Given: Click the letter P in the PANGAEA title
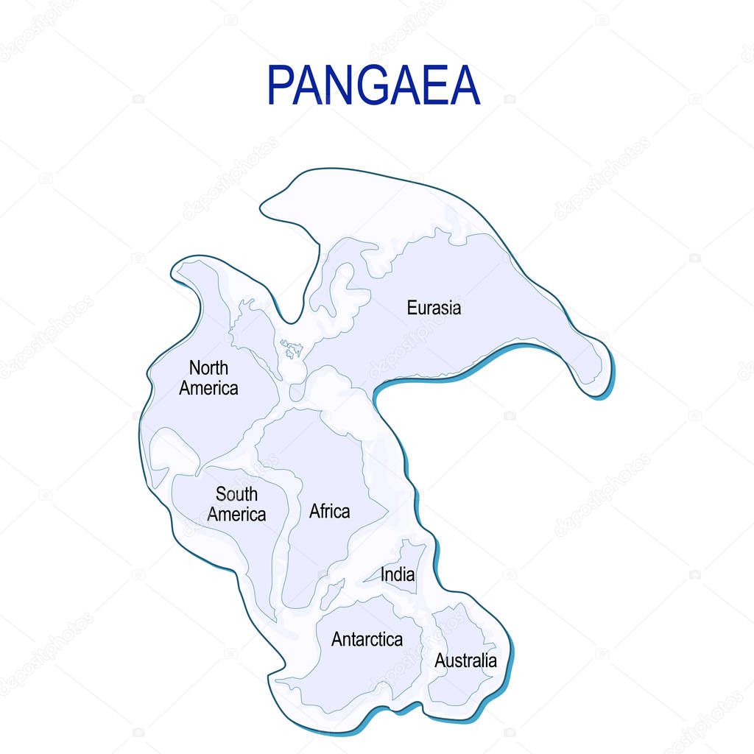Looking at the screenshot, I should point(281,85).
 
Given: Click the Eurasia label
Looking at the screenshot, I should point(434,308).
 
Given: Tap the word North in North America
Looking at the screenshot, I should point(208,367).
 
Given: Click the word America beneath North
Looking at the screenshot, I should point(208,388).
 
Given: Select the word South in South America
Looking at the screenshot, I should point(236,493).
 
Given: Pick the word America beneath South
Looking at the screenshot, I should point(236,514).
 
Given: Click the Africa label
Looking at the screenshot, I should point(329,511).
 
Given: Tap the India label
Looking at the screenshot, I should point(398,574).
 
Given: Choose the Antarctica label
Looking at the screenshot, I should point(367,639).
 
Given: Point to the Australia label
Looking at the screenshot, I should point(465,660).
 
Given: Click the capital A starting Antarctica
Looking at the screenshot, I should point(337,639).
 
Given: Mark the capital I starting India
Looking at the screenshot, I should point(383,574).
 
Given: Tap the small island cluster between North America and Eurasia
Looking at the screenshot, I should point(292,349).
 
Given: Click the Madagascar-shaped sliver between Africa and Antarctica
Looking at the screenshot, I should point(332,593).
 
